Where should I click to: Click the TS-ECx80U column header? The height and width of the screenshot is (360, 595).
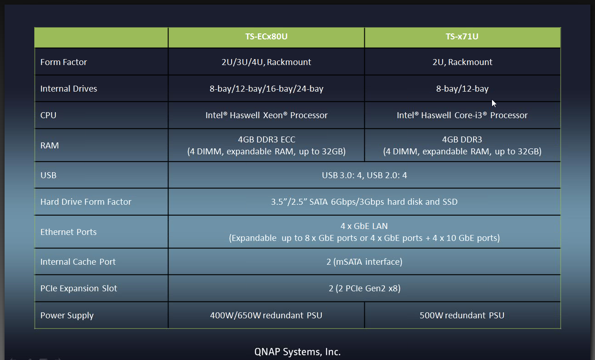(266, 37)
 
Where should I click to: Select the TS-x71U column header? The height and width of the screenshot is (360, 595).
(462, 37)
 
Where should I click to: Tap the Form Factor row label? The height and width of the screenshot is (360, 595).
(64, 62)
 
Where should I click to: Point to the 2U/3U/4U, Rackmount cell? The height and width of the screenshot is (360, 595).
(266, 62)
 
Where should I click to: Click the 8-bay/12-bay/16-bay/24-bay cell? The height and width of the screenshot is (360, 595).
(266, 88)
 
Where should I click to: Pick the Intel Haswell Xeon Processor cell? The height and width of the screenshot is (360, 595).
(266, 115)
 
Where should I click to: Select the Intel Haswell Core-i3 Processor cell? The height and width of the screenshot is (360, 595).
(462, 115)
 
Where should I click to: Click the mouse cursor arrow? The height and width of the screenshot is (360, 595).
(493, 103)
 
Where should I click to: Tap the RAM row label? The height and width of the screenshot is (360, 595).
(49, 146)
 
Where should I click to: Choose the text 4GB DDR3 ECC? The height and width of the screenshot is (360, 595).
(266, 139)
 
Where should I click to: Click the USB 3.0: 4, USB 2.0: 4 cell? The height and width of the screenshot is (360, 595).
(364, 175)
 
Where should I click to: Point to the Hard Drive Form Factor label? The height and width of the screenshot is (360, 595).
(86, 202)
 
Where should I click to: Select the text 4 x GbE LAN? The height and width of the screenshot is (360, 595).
(364, 226)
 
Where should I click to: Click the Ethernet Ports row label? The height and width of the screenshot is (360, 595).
(68, 232)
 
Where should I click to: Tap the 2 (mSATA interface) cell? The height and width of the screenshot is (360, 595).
(364, 262)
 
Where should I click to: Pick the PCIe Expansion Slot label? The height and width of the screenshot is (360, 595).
(79, 288)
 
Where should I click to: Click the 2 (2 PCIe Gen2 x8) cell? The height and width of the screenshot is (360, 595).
(364, 289)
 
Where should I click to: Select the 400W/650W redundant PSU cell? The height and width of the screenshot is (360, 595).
(266, 315)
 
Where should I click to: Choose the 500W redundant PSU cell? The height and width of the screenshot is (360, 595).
(462, 315)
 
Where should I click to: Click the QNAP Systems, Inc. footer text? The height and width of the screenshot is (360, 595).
(297, 352)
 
